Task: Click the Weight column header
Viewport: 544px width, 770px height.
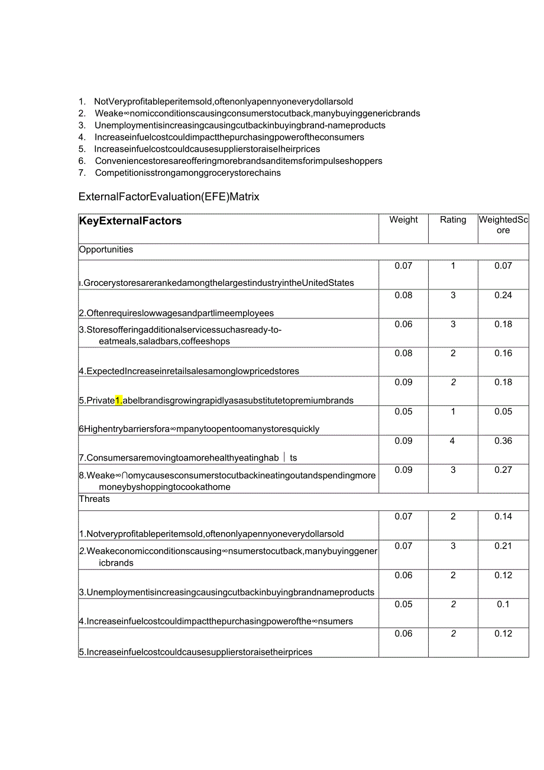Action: [403, 220]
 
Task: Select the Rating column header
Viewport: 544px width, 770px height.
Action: [453, 220]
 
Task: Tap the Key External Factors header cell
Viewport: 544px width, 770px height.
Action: [130, 221]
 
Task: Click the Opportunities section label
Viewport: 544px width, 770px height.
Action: [106, 249]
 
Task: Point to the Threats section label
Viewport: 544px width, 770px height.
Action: [95, 499]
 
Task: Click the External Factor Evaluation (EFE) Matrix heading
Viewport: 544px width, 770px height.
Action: [169, 196]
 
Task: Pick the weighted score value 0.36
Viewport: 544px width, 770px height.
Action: [503, 441]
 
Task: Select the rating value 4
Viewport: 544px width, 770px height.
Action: [453, 441]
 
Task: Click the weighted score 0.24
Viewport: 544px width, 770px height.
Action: [503, 295]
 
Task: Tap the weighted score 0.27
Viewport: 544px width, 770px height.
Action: [503, 470]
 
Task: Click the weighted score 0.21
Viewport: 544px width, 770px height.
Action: [503, 546]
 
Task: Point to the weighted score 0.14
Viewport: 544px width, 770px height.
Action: [503, 517]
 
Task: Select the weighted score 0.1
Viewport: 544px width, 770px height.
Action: [503, 604]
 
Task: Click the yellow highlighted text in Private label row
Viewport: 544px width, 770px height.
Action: [119, 400]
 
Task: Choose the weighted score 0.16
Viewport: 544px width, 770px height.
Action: [503, 353]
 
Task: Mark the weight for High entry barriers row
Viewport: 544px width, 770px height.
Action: [403, 412]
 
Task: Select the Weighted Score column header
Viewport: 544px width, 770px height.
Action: [503, 225]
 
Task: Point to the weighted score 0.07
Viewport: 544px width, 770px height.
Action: [503, 266]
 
